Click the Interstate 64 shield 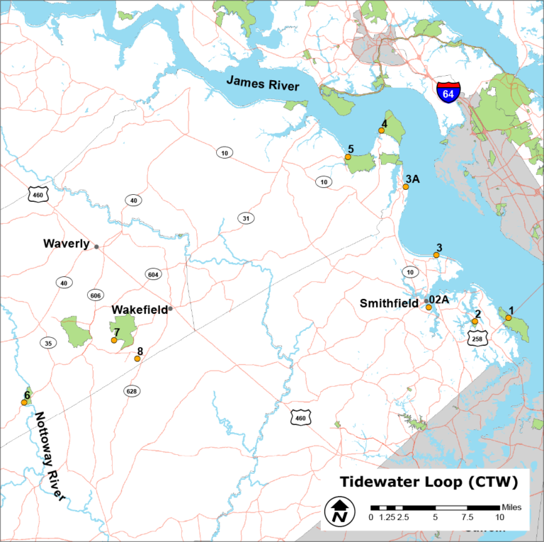click(448, 92)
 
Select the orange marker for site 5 click(348, 157)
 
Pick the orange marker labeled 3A click(405, 187)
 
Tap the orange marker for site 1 click(508, 318)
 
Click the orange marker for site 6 click(24, 402)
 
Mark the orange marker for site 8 click(137, 359)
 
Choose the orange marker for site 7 click(114, 341)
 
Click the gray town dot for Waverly click(96, 247)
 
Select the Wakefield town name click(140, 310)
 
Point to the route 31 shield click(246, 218)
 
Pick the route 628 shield click(131, 390)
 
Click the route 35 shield click(48, 343)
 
